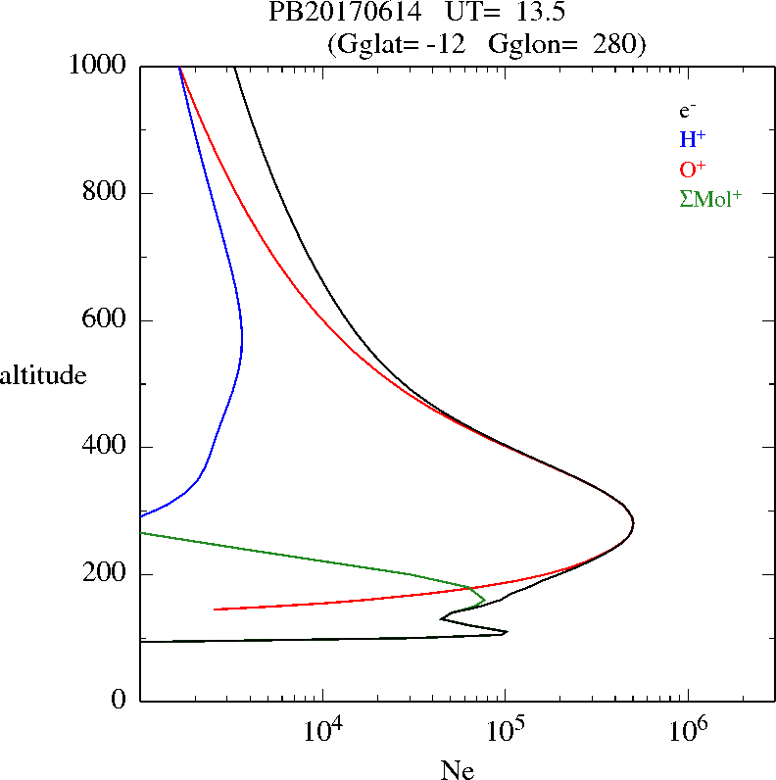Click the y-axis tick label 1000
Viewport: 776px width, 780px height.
tap(98, 67)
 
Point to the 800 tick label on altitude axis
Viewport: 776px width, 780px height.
tap(105, 193)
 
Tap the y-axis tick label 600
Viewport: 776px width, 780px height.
tap(105, 320)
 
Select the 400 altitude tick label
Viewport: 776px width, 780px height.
tap(105, 447)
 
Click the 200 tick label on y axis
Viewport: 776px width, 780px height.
tap(105, 574)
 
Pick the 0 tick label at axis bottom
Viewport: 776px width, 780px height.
tap(121, 701)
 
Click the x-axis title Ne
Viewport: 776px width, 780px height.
tap(458, 769)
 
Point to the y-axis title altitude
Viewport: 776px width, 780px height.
tap(43, 375)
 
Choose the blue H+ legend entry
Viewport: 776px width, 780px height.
tap(692, 139)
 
